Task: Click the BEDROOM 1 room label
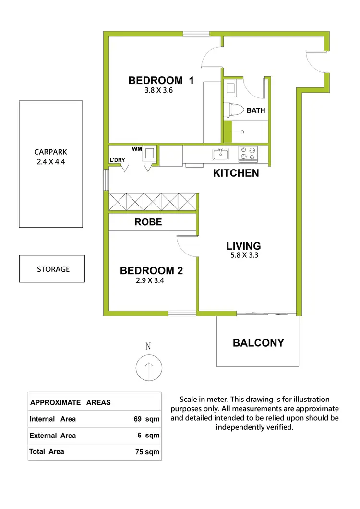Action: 161,81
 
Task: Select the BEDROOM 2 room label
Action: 151,271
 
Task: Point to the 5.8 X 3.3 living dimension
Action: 244,255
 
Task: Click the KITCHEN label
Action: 236,173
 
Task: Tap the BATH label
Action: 256,110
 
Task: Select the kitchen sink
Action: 221,154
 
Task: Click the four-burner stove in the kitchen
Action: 248,154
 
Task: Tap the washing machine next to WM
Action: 150,154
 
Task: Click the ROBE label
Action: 148,222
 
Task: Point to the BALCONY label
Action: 258,343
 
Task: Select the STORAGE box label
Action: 53,269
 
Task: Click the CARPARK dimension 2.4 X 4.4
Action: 50,162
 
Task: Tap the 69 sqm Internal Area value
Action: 146,419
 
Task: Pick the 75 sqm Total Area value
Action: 146,452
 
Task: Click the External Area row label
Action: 53,436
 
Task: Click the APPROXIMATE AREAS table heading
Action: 70,402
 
